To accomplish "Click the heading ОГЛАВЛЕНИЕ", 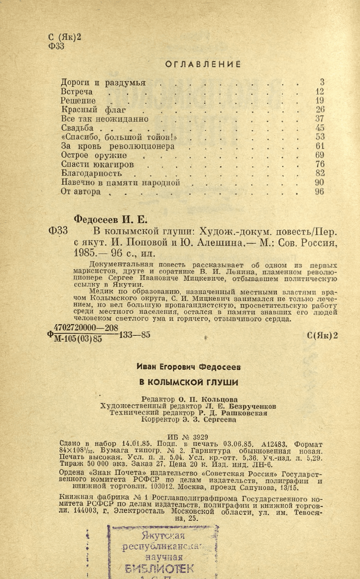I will (x=203, y=64).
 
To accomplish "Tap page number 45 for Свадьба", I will (x=320, y=128).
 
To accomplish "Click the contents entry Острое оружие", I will (x=94, y=155).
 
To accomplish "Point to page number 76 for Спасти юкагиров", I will (x=320, y=165).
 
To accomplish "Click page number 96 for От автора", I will (x=320, y=192).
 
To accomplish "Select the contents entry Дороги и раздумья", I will (x=103, y=82).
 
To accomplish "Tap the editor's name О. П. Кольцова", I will (x=202, y=399).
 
